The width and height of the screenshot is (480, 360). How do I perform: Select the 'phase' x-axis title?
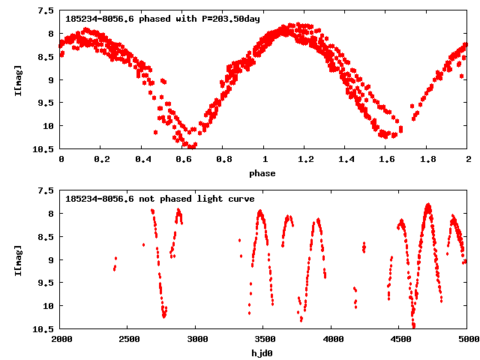[262, 173]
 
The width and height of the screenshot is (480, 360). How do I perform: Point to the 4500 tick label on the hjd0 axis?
[399, 339]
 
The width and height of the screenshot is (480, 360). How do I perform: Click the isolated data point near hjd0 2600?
[143, 244]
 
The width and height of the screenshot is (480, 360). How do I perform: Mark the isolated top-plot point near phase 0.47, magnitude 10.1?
[155, 132]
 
